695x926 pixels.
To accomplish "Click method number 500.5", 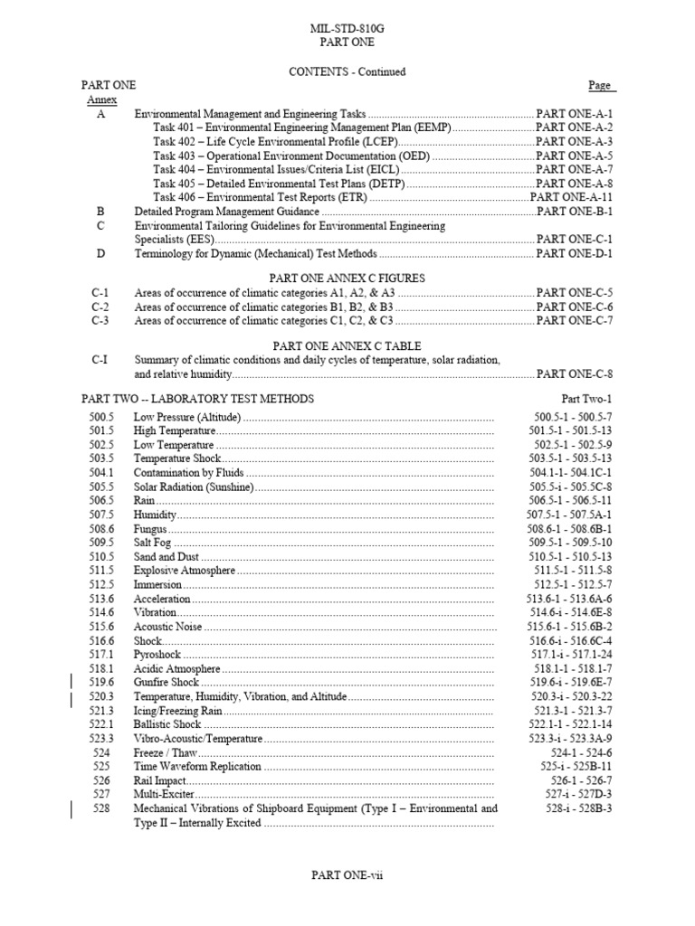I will (x=101, y=417).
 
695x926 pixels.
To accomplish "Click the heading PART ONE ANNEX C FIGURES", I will (x=348, y=278).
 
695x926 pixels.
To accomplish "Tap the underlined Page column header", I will (x=601, y=85).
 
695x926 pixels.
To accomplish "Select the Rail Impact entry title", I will (x=160, y=780).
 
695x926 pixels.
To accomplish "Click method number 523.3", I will (x=101, y=738).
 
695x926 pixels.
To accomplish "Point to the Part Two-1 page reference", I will (x=586, y=399).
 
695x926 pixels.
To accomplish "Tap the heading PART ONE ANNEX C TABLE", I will (x=348, y=345).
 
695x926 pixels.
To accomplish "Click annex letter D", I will (x=100, y=254).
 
